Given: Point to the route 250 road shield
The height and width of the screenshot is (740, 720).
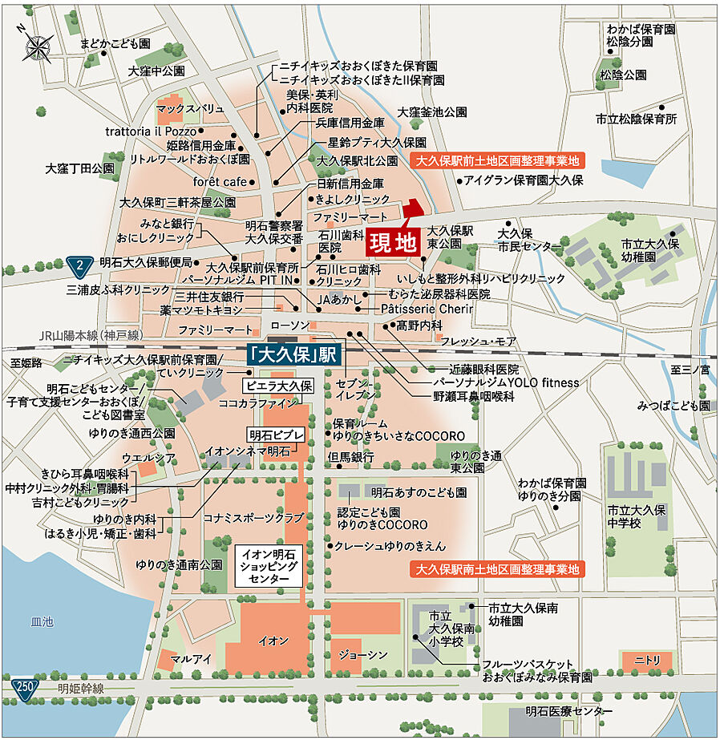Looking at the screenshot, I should pyautogui.click(x=25, y=687).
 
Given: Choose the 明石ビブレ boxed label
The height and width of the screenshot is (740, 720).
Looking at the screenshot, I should pyautogui.click(x=277, y=435).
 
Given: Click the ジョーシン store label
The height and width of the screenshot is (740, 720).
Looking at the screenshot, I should pyautogui.click(x=363, y=655).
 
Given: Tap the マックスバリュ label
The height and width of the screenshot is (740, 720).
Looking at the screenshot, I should pyautogui.click(x=190, y=107).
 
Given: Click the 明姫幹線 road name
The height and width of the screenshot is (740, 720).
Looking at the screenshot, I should pyautogui.click(x=81, y=689).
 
